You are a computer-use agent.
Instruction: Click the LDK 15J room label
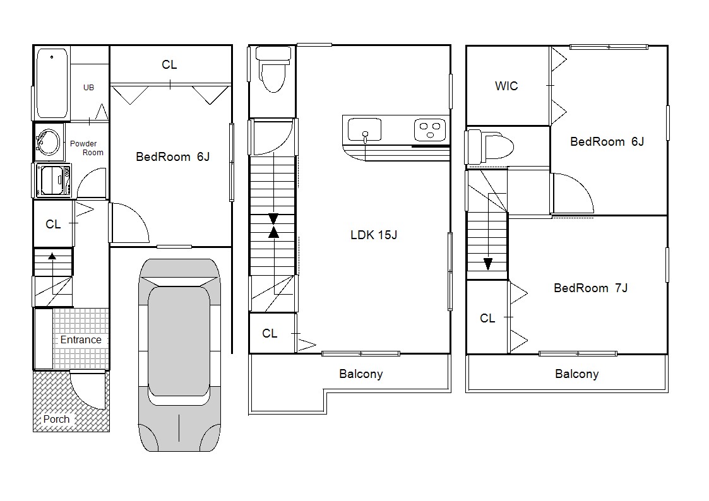(374, 235)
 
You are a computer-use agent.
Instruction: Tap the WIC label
(506, 86)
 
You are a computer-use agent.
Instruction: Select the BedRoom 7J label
(590, 288)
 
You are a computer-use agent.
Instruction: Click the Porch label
(57, 419)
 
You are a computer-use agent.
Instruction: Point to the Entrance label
(81, 339)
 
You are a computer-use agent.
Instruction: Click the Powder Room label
(87, 148)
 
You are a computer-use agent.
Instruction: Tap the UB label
(88, 88)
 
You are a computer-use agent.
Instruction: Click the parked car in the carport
(179, 355)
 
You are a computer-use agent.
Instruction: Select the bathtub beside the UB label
(52, 83)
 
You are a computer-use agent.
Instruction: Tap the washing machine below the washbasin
(53, 180)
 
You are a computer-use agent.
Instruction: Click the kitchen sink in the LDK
(364, 130)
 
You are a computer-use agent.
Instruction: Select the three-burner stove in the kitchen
(430, 130)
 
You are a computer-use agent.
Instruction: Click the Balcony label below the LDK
(361, 374)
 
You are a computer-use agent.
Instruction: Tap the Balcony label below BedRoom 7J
(577, 374)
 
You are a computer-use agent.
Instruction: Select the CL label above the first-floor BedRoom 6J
(170, 64)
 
